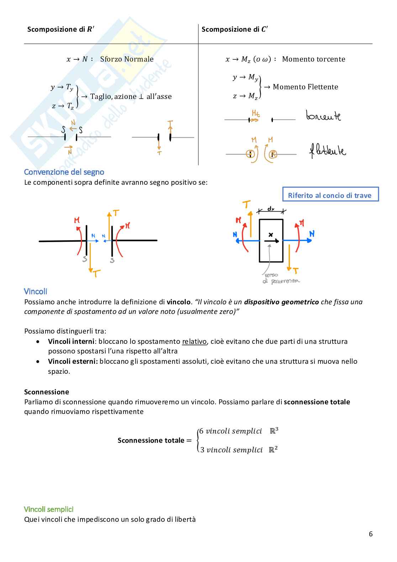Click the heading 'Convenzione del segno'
pos(64,172)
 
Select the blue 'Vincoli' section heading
pos(36,291)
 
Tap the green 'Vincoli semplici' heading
pos(49,509)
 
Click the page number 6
pos(371,534)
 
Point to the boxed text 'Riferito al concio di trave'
pos(330,195)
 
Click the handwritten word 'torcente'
pos(323,116)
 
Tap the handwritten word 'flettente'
pos(327,151)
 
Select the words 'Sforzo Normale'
pos(127,59)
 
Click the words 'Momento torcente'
pos(313,59)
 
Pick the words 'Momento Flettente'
pos(305,87)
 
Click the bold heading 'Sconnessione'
pos(47,392)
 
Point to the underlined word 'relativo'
pos(194,341)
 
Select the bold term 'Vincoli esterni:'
pos(73,361)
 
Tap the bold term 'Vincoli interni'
pos(71,341)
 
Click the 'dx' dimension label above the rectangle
pos(271,209)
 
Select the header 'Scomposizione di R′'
pos(61,29)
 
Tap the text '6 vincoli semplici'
pos(231,431)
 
